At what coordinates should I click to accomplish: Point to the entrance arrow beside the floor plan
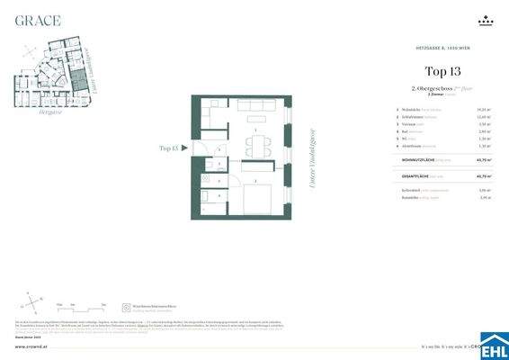tap(184, 149)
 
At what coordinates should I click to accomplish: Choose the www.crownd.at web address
tap(30, 344)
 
